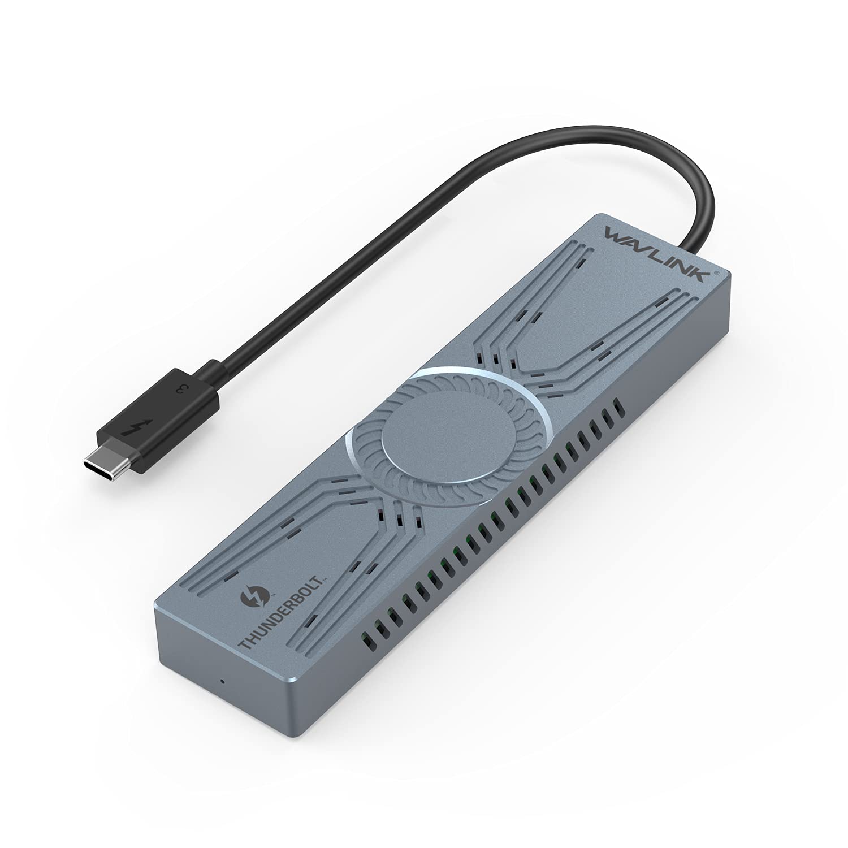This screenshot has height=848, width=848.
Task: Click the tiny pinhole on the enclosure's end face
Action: pos(222,680)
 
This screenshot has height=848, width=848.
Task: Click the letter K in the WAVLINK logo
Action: pos(707,270)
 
